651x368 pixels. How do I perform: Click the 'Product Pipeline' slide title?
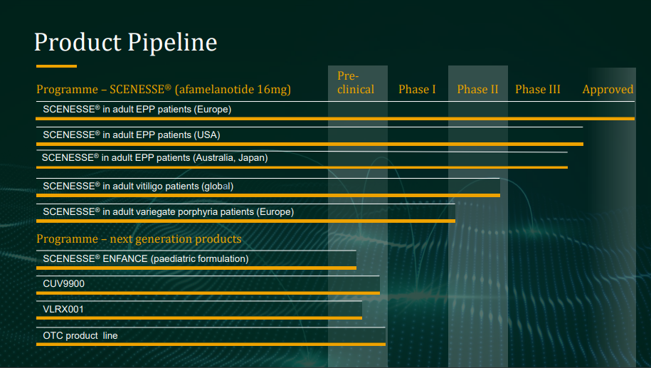click(125, 43)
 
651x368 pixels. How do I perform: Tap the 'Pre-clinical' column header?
click(356, 83)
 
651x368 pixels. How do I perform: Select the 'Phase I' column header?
click(417, 89)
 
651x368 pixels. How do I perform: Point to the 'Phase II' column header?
click(477, 89)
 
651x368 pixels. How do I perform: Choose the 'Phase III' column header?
click(538, 89)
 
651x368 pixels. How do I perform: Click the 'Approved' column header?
click(608, 90)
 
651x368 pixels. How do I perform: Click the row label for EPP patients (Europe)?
click(137, 109)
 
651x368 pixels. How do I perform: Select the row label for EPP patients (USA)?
click(131, 135)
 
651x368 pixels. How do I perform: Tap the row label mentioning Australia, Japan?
click(154, 158)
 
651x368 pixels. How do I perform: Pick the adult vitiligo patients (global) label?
click(138, 186)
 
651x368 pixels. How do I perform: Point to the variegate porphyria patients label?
click(168, 212)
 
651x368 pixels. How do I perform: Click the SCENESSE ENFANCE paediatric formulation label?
click(146, 259)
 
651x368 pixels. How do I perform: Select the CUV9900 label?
click(63, 284)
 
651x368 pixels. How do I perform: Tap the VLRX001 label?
click(63, 310)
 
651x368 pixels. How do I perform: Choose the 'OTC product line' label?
click(80, 335)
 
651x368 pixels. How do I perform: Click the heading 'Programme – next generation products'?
click(139, 239)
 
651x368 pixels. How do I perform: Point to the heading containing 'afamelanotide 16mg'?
click(164, 89)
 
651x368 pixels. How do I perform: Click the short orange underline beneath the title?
click(56, 66)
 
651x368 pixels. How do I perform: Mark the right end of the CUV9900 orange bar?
click(379, 293)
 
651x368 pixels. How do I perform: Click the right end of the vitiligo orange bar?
click(499, 195)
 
